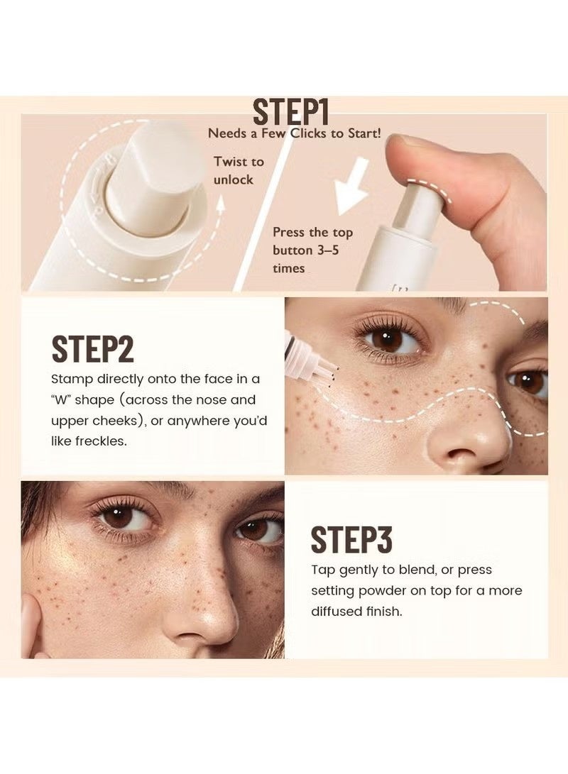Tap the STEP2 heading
click(x=92, y=350)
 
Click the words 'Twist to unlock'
click(x=238, y=170)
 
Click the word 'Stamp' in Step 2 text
click(x=70, y=380)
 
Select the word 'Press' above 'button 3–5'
click(x=290, y=233)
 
